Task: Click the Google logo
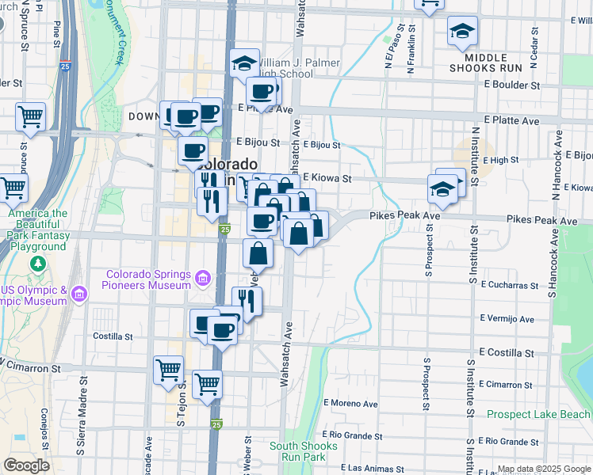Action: pos(26,465)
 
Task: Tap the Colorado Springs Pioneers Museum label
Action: pos(148,279)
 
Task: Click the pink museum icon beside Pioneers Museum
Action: pos(203,279)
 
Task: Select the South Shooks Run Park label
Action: pos(304,451)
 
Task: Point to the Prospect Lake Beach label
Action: pos(538,414)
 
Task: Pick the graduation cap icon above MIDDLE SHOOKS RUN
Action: pos(462,32)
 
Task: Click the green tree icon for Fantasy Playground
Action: pos(36,263)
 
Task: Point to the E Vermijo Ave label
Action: pos(507,318)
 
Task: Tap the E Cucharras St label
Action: pos(508,283)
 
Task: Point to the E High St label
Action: pos(500,160)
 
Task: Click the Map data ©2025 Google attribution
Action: pos(544,469)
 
